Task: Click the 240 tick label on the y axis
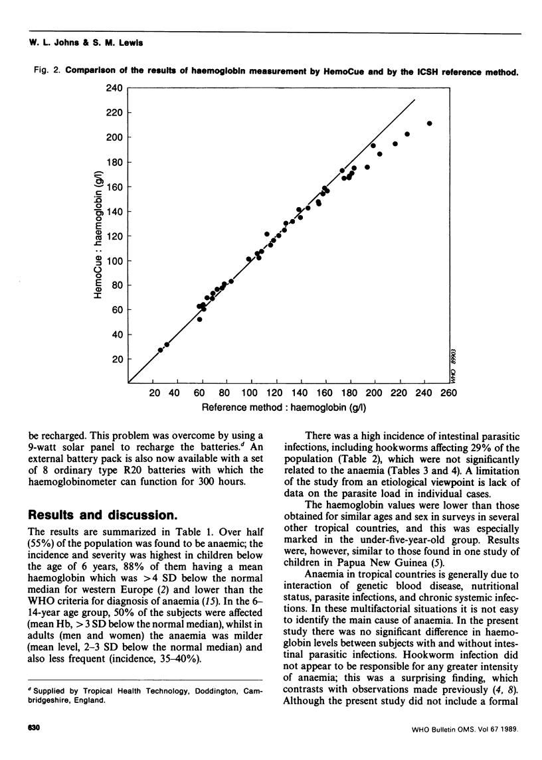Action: coord(117,88)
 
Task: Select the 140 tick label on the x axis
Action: coord(300,393)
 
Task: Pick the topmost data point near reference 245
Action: coord(430,123)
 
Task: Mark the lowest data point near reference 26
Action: coord(160,350)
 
